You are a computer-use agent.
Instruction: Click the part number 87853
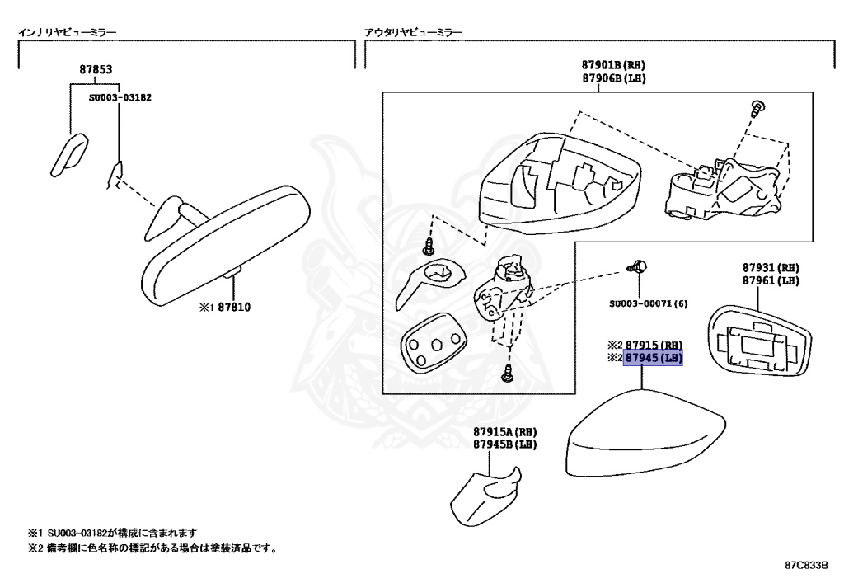(x=96, y=70)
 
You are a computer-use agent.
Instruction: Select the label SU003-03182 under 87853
(x=120, y=96)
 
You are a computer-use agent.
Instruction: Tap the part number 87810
(x=234, y=308)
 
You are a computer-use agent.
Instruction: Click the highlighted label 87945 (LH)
(x=654, y=358)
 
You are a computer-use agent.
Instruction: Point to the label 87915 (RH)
(x=654, y=345)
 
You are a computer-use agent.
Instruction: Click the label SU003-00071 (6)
(x=648, y=303)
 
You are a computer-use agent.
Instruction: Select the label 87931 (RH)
(x=770, y=268)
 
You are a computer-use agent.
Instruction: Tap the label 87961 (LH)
(x=770, y=280)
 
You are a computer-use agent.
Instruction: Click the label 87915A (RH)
(x=504, y=431)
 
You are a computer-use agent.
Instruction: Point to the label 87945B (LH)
(x=504, y=444)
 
